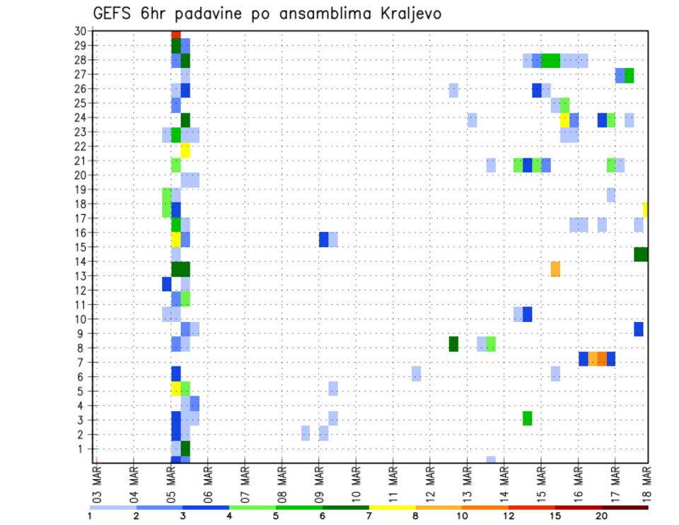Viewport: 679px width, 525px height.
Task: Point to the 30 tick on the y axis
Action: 80,31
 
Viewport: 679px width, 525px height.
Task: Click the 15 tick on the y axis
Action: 80,247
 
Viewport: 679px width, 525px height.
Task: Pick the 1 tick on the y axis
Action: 83,449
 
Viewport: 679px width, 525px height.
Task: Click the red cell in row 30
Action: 176,34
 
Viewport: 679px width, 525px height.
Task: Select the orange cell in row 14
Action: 555,269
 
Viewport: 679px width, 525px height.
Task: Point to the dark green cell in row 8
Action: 453,344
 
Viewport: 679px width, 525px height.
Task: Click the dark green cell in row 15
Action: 641,254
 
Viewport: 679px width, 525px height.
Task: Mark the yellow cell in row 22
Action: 185,150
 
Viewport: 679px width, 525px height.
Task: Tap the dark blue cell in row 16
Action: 323,239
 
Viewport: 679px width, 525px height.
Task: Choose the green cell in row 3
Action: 528,418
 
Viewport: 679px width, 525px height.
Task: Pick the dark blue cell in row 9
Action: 639,329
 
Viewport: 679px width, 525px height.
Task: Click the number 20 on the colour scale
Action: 602,517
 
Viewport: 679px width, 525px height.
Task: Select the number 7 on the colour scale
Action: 369,517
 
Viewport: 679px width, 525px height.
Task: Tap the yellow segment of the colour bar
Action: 393,507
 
